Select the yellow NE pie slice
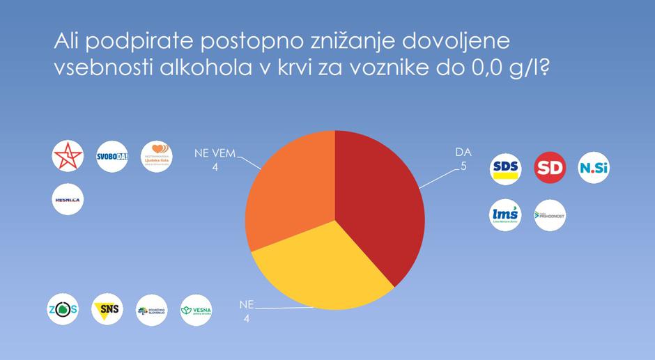coord(321,272)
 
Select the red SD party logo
coord(550,168)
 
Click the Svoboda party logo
coord(112,157)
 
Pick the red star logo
coord(68,157)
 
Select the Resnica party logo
coord(68,200)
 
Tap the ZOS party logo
coord(62,310)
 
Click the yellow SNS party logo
coord(107,310)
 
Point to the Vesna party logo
coord(196,310)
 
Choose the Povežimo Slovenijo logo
coord(152,310)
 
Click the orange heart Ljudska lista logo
coord(156,157)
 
